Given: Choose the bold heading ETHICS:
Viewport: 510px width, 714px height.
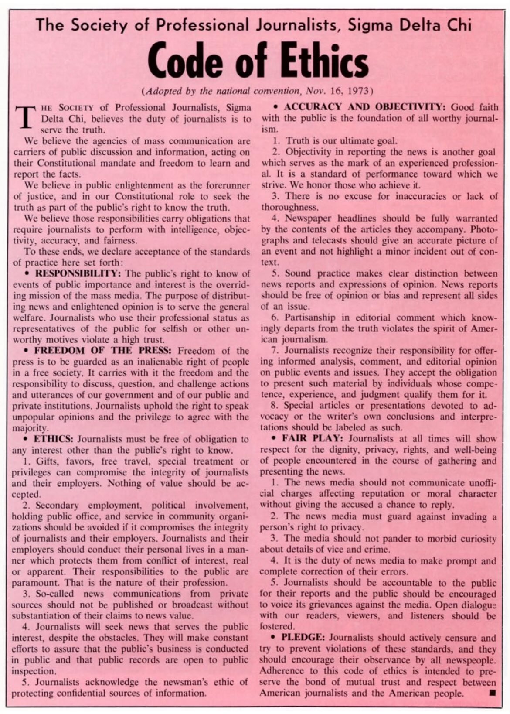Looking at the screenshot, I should tap(54, 439).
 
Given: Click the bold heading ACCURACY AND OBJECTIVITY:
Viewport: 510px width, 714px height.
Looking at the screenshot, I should tap(364, 107).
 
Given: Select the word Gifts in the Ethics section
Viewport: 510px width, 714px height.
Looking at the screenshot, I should tap(46, 461).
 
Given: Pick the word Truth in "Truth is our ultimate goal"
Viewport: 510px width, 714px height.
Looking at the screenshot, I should tap(298, 141).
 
